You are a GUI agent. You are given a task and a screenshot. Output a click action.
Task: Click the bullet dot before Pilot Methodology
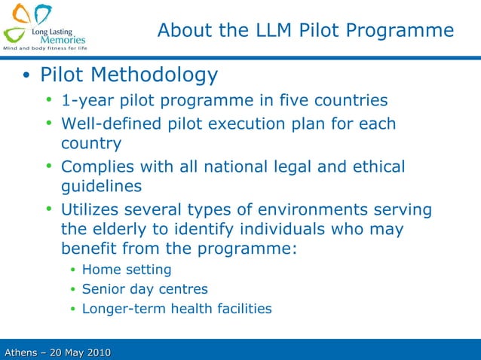click(26, 76)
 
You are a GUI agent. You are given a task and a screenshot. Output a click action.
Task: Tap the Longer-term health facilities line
click(176, 309)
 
